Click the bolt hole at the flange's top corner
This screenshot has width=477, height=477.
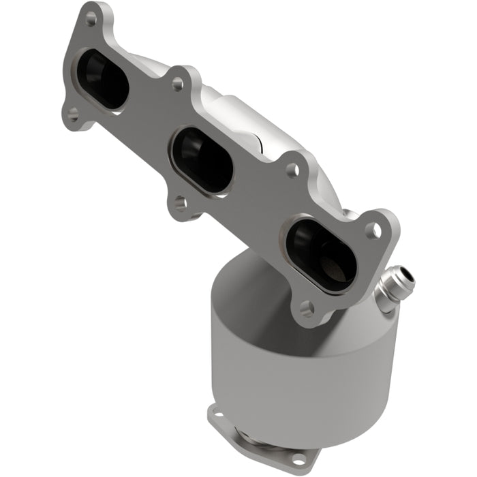pos(91,19)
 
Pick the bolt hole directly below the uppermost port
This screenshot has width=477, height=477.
pos(73,115)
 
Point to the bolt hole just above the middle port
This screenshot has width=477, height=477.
pos(178,83)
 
